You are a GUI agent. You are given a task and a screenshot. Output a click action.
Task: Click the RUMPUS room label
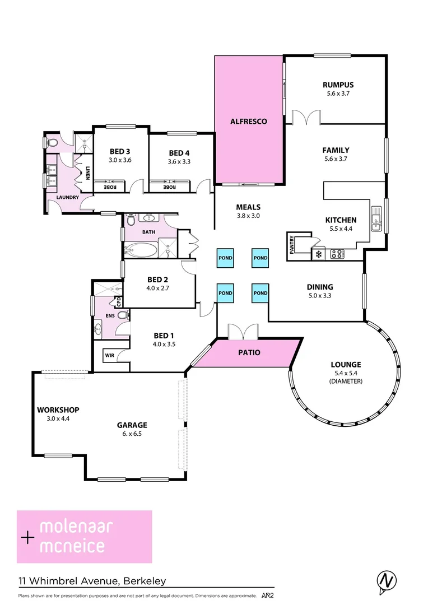click(x=338, y=85)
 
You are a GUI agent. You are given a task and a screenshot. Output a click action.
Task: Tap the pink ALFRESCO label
click(x=248, y=121)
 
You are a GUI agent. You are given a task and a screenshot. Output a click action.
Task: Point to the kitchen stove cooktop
click(x=337, y=254)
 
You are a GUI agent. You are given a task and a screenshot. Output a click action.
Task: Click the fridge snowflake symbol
click(x=319, y=254)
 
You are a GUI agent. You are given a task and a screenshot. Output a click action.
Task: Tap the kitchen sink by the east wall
click(x=376, y=220)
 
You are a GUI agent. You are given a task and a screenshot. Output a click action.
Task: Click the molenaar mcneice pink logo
click(x=85, y=536)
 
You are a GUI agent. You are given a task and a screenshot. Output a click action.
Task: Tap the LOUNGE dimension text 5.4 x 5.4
click(x=346, y=373)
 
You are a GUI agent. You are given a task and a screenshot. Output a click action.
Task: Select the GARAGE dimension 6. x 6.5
click(x=132, y=433)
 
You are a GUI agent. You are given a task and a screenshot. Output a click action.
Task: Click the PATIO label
click(x=249, y=353)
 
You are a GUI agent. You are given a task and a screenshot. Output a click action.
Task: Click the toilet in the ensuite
click(x=122, y=315)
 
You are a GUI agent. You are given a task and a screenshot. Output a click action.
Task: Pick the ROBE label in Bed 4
click(x=169, y=187)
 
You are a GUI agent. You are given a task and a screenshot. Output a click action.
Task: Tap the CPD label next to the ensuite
click(x=118, y=301)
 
